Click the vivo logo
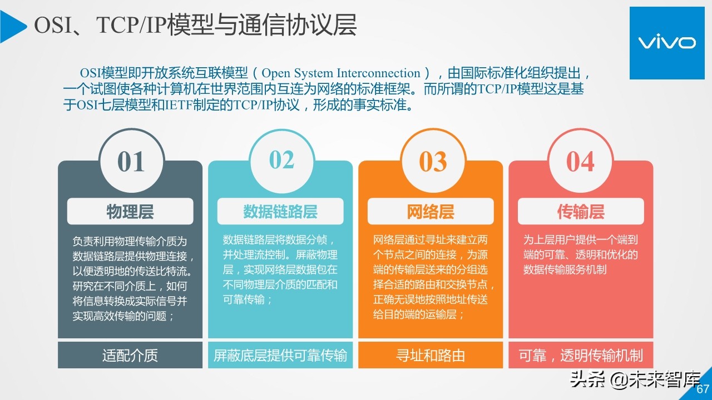click(666, 43)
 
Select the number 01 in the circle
click(131, 162)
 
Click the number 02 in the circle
click(281, 160)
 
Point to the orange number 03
click(433, 162)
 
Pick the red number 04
click(580, 162)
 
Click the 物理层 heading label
click(130, 212)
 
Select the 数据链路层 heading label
click(280, 212)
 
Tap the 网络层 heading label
click(431, 212)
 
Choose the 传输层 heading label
click(581, 212)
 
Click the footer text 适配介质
click(130, 356)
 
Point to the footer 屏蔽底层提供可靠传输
click(280, 356)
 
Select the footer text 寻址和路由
click(431, 356)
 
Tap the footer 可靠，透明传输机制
click(581, 356)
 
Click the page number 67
click(703, 389)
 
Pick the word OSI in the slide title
click(53, 26)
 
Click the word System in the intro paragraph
click(312, 73)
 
